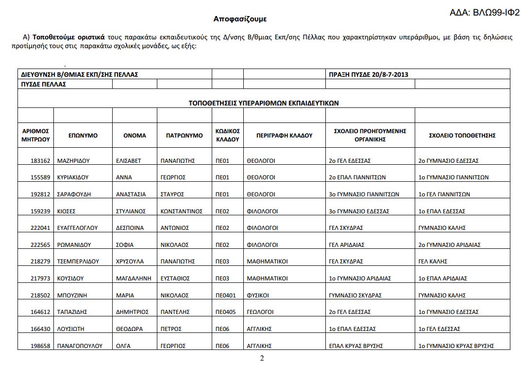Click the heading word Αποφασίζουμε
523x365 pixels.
tap(240, 19)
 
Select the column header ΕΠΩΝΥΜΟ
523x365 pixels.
tap(83, 136)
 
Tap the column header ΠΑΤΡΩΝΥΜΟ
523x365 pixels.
tap(181, 136)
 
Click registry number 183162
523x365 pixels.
tap(40, 161)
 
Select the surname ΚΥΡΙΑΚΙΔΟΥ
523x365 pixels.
tap(75, 177)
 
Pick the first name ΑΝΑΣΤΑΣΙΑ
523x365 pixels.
tap(131, 194)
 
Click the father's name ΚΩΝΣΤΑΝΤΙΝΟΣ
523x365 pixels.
tap(181, 211)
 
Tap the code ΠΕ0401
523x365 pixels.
tap(225, 295)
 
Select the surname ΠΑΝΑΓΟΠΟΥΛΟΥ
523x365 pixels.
tap(80, 346)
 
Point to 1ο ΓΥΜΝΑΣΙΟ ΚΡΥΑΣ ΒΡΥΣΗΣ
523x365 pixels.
tap(456, 346)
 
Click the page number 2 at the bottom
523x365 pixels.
tap(262, 359)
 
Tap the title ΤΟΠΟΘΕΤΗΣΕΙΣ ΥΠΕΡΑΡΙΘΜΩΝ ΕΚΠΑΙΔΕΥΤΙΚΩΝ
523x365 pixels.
tap(264, 103)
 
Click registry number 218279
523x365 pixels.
tap(40, 261)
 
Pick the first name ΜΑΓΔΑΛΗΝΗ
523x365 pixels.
tap(134, 278)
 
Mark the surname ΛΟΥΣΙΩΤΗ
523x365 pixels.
tap(71, 329)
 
